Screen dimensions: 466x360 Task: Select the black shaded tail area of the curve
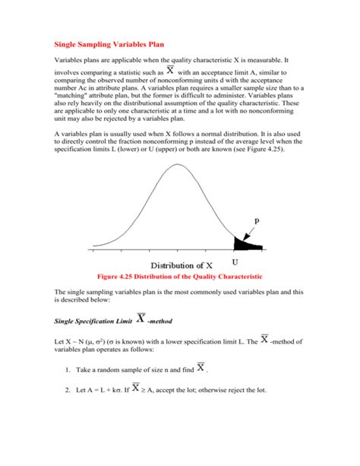245,243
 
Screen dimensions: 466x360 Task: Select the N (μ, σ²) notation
93,342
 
